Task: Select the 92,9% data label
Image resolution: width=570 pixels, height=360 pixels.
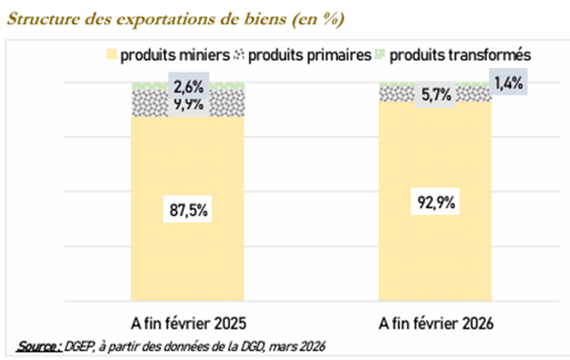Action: (434, 201)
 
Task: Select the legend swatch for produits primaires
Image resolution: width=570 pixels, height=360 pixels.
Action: (239, 56)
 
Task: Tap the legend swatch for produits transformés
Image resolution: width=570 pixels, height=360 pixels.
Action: (380, 56)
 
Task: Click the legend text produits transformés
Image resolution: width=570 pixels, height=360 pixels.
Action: (461, 56)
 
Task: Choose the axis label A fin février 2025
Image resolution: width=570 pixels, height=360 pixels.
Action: (188, 321)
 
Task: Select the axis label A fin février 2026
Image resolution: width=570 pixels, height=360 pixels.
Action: (434, 321)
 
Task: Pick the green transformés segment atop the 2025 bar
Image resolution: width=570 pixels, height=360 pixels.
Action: (148, 85)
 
